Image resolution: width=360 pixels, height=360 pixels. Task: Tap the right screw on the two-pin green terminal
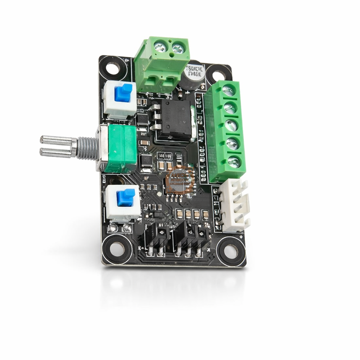click(x=177, y=48)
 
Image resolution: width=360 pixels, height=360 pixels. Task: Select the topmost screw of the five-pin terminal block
click(x=228, y=90)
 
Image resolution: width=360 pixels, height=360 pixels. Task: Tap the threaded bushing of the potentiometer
click(x=87, y=148)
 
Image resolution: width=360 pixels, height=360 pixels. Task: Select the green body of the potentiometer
click(x=120, y=148)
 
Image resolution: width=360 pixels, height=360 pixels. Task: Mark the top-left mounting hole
click(x=112, y=68)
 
